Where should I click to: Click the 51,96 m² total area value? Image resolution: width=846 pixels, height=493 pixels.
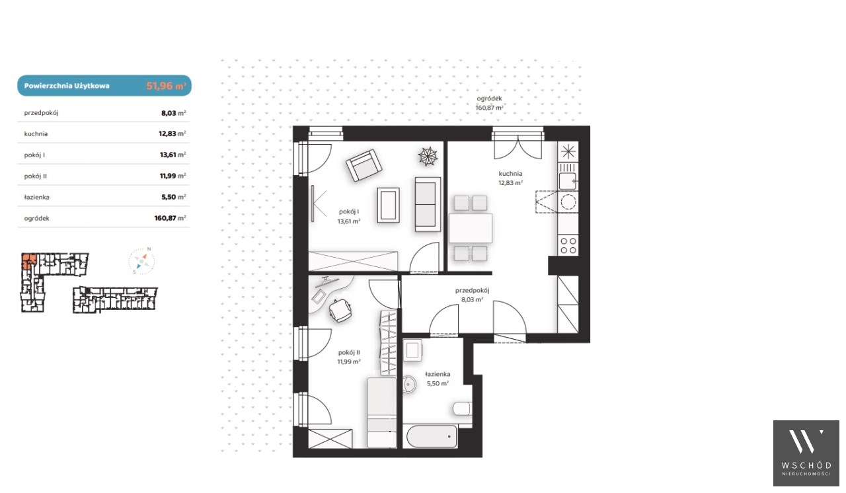click(166, 86)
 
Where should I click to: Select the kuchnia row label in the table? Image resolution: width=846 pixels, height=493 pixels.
click(36, 133)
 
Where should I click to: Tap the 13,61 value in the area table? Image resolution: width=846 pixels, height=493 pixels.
click(168, 155)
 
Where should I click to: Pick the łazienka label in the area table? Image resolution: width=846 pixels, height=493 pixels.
click(36, 197)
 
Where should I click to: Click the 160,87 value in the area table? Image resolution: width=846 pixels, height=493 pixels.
click(165, 218)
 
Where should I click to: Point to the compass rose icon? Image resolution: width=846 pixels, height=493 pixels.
click(141, 260)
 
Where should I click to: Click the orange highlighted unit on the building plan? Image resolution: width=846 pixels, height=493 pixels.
click(28, 261)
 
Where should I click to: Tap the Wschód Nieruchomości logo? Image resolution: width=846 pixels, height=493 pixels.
click(806, 453)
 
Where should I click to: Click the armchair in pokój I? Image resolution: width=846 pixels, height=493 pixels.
click(364, 165)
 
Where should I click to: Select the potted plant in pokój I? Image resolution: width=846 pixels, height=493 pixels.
click(428, 156)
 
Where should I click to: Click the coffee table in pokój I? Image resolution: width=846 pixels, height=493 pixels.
click(388, 205)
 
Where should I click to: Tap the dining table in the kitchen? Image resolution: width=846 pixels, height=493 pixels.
click(470, 228)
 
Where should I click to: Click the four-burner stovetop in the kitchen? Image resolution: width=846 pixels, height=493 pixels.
click(568, 245)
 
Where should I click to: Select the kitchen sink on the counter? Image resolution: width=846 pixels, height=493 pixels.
click(568, 181)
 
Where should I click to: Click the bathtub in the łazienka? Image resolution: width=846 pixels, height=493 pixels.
click(432, 436)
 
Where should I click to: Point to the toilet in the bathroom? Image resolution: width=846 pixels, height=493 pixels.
click(462, 408)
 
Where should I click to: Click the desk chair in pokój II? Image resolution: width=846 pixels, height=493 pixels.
click(340, 311)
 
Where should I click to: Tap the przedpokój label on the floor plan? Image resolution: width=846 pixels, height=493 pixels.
click(472, 290)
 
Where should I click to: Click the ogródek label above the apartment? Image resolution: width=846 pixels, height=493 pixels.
click(489, 98)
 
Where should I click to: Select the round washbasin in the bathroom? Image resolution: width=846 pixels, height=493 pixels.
click(409, 384)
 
